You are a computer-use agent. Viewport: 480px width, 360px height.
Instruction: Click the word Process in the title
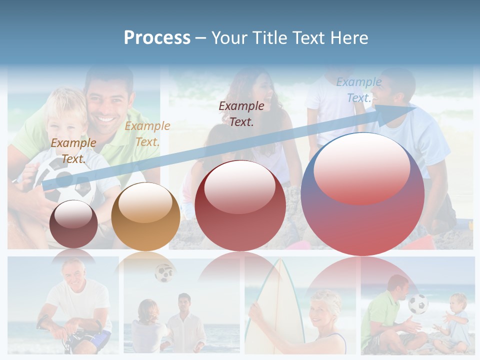click(x=157, y=38)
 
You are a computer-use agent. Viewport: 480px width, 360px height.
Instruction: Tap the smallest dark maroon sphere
click(x=73, y=224)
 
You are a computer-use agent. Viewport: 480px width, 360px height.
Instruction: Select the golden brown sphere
click(x=145, y=217)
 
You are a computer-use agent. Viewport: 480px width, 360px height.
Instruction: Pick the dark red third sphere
click(x=240, y=205)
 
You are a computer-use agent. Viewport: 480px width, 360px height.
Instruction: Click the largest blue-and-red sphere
click(x=362, y=194)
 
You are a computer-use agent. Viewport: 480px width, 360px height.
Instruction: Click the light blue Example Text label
click(x=358, y=90)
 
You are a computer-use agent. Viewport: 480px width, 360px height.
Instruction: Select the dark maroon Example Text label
click(x=241, y=113)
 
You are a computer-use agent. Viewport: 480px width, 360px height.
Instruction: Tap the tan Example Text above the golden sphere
click(x=147, y=133)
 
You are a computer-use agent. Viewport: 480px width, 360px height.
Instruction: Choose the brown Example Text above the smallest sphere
click(x=73, y=150)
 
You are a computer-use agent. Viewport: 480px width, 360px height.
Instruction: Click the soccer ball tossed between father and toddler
click(x=418, y=304)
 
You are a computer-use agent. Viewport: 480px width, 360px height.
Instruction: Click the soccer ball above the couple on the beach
click(x=163, y=273)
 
